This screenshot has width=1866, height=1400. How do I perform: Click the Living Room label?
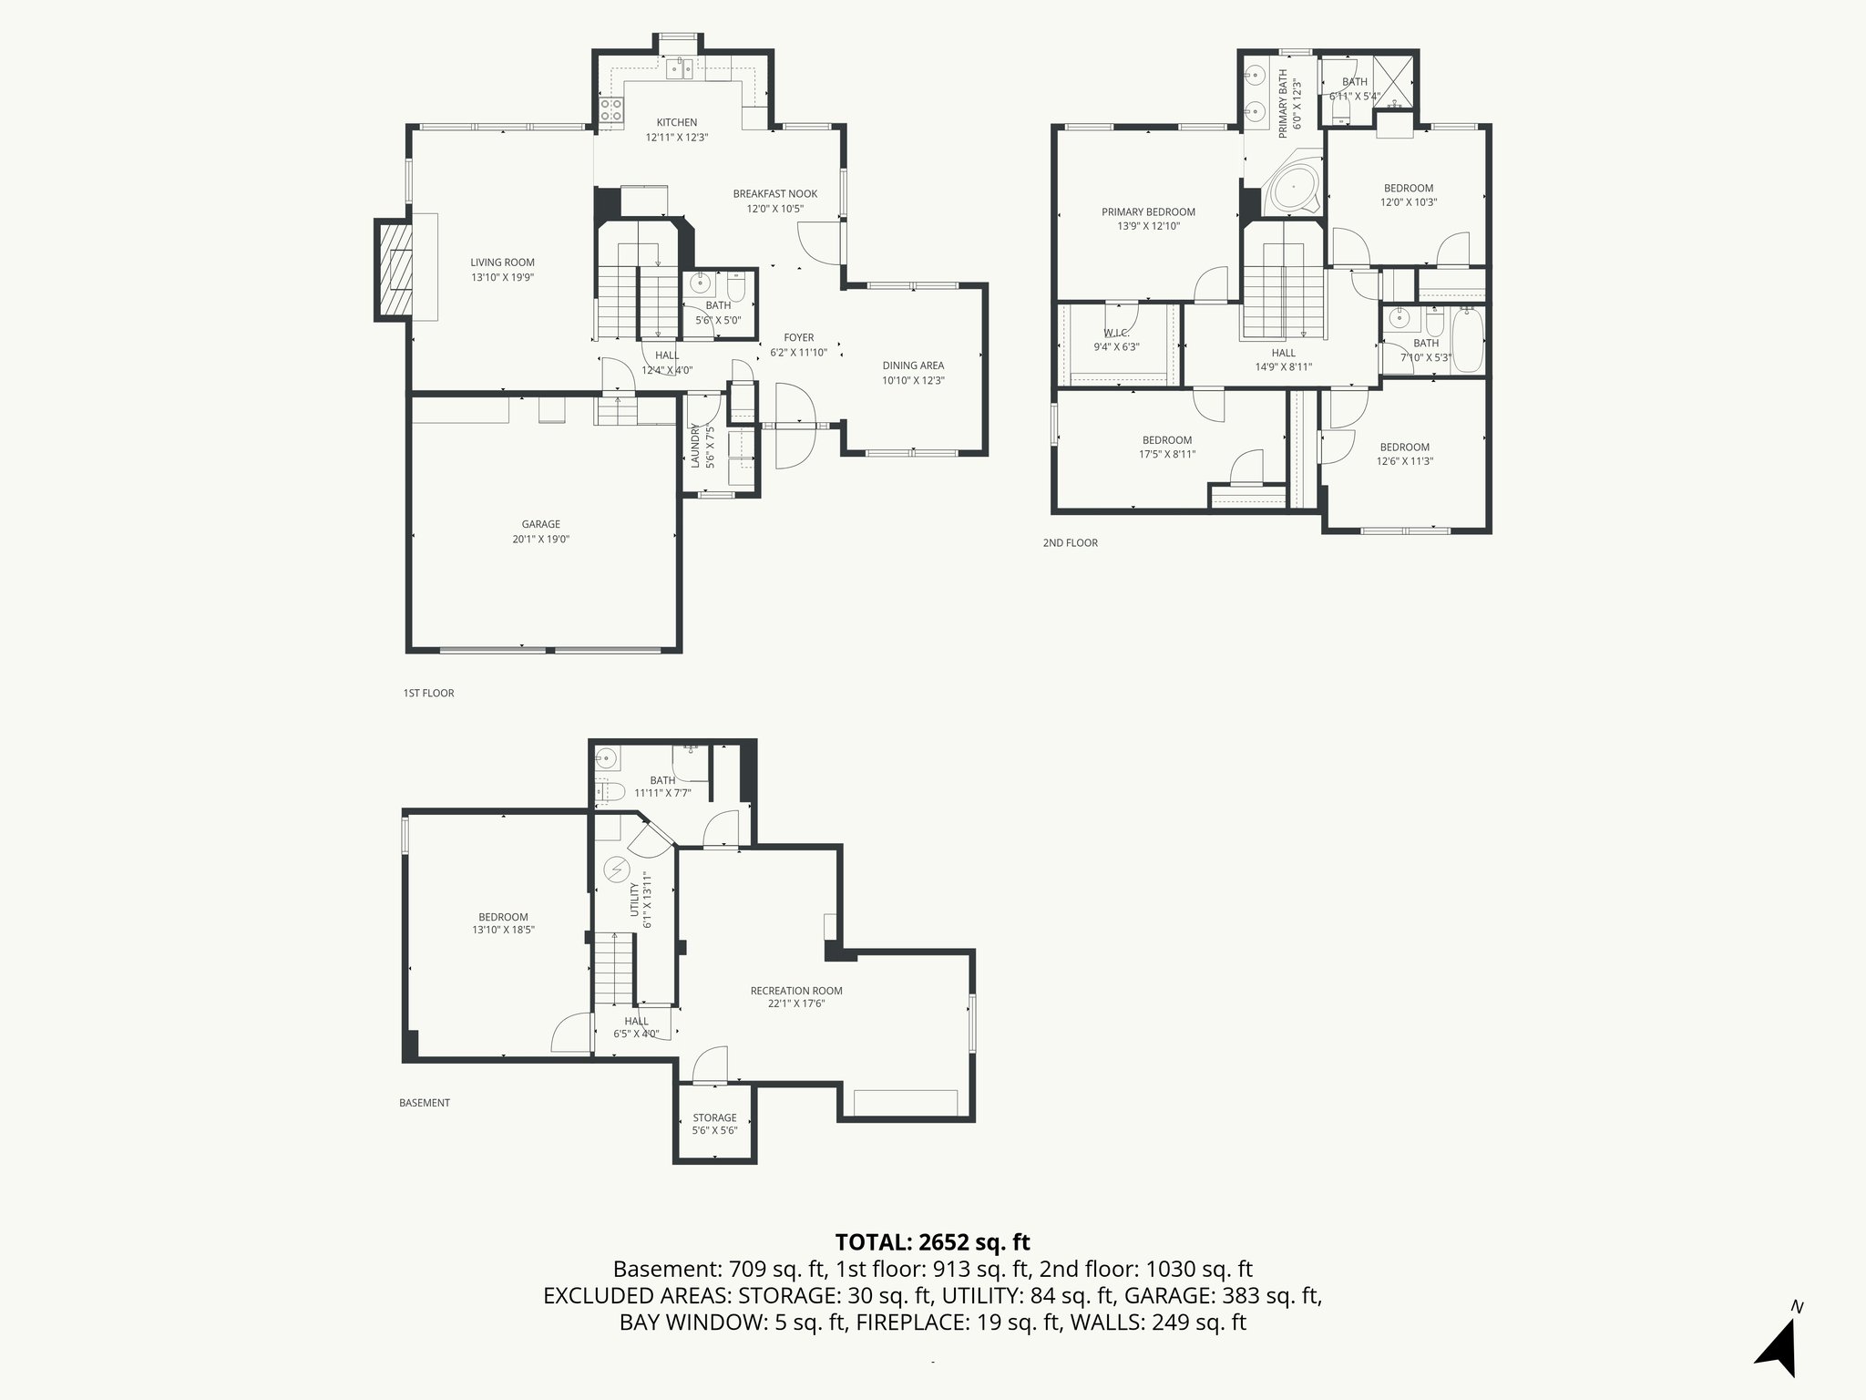tap(502, 262)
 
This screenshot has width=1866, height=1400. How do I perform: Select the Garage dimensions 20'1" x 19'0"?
tap(540, 539)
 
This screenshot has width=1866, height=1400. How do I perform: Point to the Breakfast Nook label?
tap(775, 194)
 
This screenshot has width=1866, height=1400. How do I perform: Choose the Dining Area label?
tap(913, 365)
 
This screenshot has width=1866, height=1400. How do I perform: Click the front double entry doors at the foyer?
tap(794, 426)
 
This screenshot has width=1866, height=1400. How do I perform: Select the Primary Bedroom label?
tap(1148, 212)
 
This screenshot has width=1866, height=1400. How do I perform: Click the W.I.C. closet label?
tap(1116, 334)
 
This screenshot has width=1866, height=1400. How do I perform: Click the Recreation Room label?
tap(796, 991)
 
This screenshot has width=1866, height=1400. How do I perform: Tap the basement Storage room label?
tap(714, 1117)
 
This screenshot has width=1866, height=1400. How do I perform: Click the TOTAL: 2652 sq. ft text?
tap(932, 1241)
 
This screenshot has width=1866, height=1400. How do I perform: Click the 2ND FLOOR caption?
tap(1070, 543)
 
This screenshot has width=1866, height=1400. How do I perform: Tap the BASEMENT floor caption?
tap(425, 1103)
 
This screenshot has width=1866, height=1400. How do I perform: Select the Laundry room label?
tap(695, 446)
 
